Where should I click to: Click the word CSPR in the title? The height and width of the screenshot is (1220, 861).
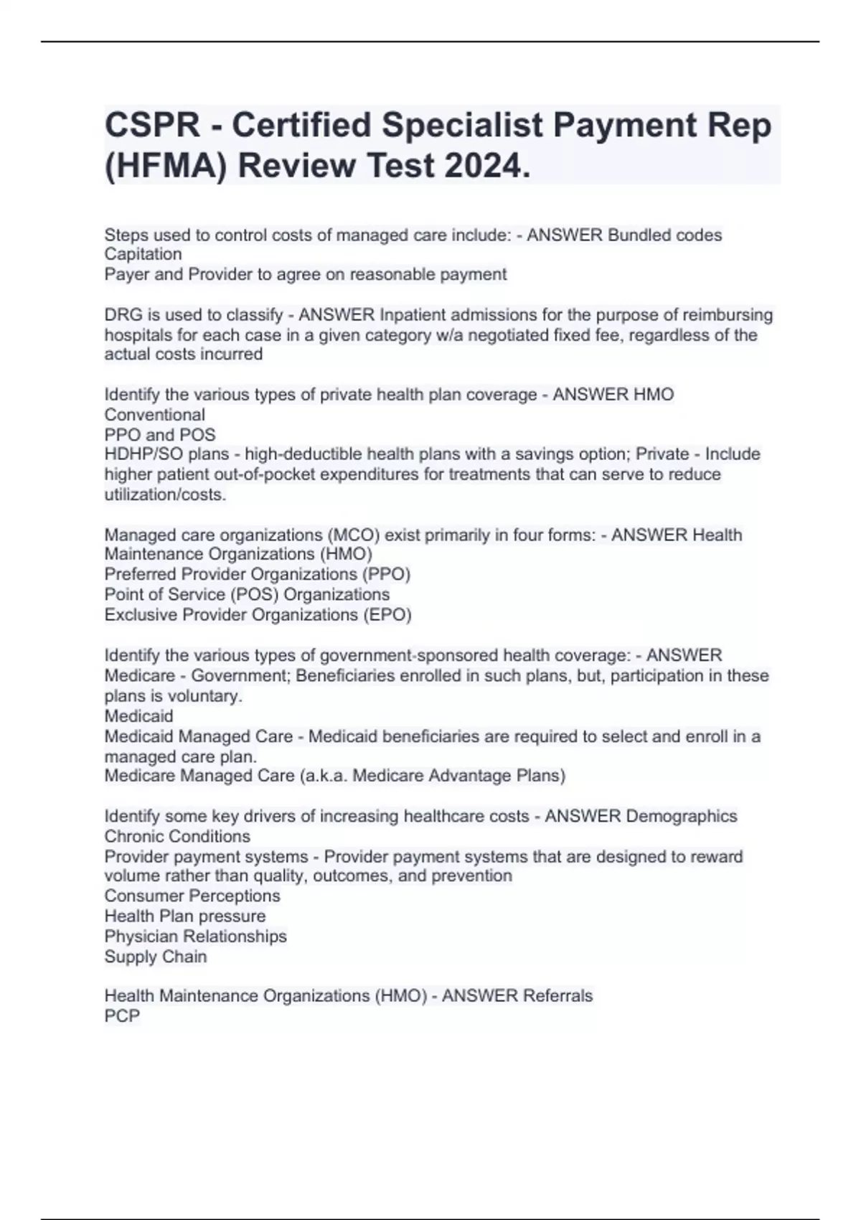[x=152, y=126]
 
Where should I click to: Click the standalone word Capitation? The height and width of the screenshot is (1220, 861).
[x=143, y=254]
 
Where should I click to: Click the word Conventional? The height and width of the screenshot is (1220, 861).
[x=154, y=415]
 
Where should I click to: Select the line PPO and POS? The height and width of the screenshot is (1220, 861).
[x=159, y=435]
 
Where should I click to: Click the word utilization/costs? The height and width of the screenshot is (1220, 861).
[x=165, y=494]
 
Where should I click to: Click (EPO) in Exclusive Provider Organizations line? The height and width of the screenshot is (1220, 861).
[x=389, y=615]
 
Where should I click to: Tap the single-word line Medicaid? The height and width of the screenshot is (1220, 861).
[x=138, y=716]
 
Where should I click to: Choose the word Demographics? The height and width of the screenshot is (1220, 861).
[x=682, y=817]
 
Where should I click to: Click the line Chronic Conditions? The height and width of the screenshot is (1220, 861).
[x=177, y=837]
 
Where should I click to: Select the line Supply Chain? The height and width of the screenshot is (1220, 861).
[x=155, y=957]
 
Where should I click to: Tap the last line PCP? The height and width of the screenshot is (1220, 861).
[x=122, y=1016]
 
